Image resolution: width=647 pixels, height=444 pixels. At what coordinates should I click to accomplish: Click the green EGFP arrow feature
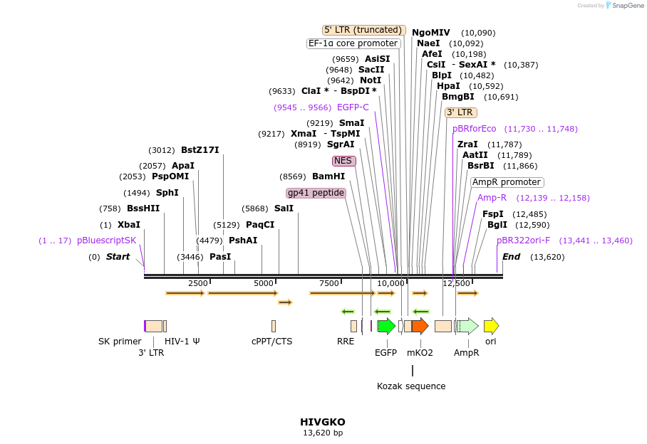tap(385, 326)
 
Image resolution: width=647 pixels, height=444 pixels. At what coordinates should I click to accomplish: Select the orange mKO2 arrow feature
tap(420, 326)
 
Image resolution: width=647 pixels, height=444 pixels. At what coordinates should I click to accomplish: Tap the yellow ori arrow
tap(491, 326)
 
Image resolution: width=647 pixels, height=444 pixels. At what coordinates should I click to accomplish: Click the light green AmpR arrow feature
tap(467, 326)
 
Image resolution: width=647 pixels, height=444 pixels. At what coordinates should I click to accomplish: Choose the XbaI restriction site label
tap(129, 224)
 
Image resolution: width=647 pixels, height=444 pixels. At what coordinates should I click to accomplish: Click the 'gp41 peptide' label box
tap(316, 193)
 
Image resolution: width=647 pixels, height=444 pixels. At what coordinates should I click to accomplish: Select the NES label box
tap(343, 161)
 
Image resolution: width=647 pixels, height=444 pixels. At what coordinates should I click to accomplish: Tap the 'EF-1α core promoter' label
tap(353, 43)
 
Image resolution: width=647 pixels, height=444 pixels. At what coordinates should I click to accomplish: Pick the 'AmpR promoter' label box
tap(507, 182)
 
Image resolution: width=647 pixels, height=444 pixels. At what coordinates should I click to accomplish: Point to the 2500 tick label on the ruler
tap(197, 283)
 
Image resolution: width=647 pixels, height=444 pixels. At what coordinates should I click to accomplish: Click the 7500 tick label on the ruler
tap(329, 283)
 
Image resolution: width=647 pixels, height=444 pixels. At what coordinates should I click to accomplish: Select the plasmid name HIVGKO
tap(323, 422)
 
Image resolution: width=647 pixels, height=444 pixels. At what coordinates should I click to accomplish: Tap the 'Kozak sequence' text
tap(411, 386)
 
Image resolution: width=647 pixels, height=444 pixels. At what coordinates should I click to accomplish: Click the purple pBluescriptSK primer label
tap(106, 240)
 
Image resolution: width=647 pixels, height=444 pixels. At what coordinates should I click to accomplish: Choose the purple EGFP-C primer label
tap(353, 107)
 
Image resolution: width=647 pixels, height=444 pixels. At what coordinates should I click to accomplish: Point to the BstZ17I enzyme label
tap(200, 150)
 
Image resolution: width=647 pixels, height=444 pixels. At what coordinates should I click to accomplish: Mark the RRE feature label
tap(345, 342)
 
